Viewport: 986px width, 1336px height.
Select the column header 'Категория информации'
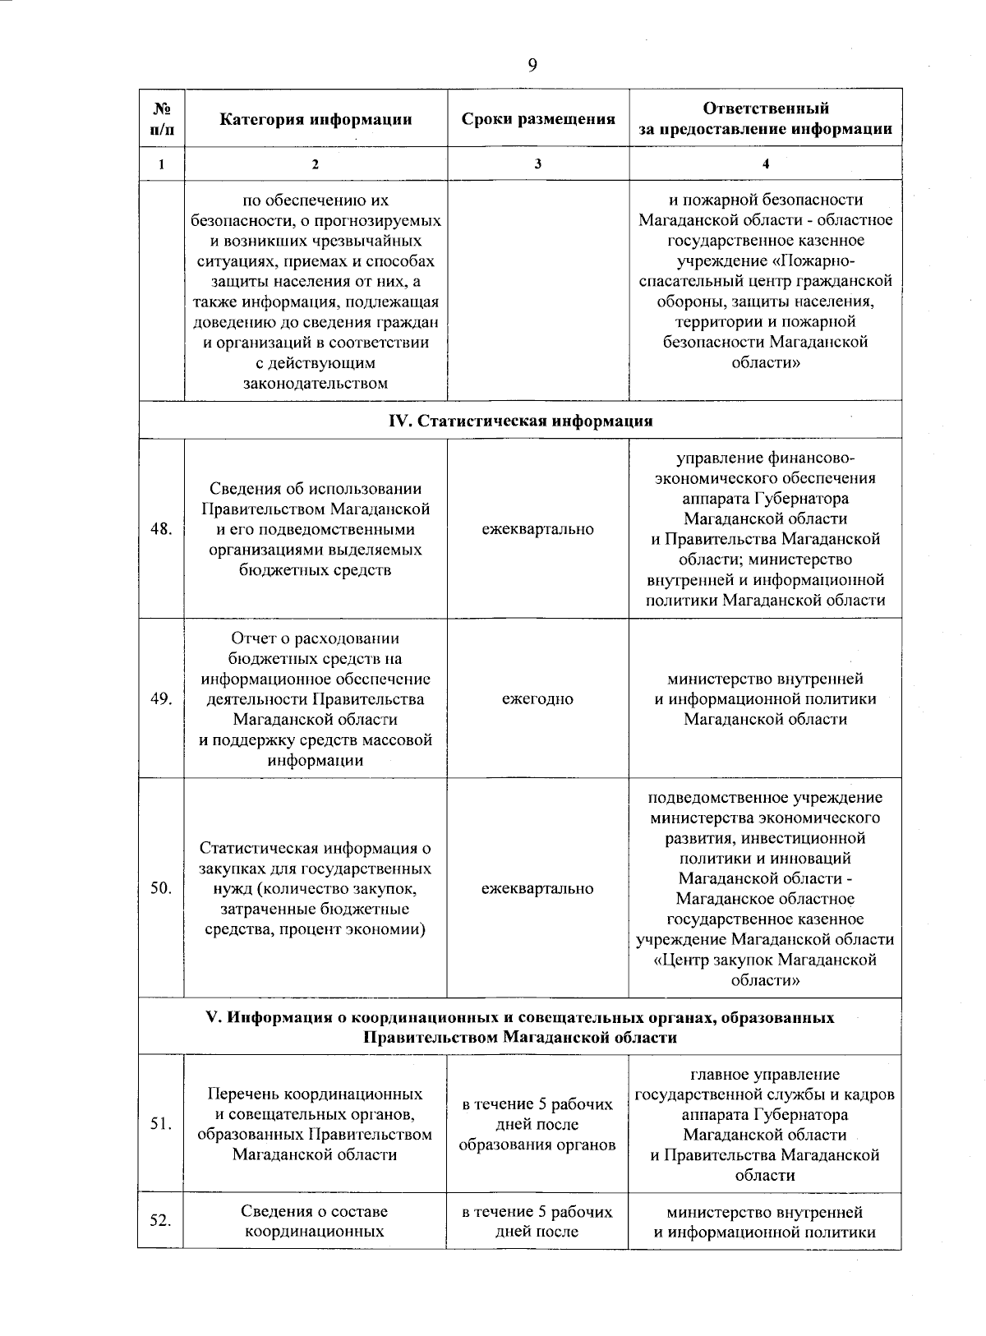(x=316, y=119)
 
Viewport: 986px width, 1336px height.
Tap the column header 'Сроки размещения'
(x=538, y=119)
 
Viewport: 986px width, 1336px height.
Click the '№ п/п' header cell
(x=161, y=119)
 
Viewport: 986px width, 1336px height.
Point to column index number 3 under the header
(x=537, y=164)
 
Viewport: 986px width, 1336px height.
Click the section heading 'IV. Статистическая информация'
(x=520, y=421)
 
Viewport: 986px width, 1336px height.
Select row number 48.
(x=161, y=529)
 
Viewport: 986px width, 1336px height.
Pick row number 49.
(x=161, y=699)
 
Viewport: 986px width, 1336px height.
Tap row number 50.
(x=161, y=888)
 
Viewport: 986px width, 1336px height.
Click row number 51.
(x=161, y=1124)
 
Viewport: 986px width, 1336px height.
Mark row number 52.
(x=161, y=1221)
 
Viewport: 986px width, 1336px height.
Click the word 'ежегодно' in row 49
(x=537, y=699)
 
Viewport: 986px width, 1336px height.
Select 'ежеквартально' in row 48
(x=537, y=529)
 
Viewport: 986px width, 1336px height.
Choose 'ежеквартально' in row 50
(x=537, y=888)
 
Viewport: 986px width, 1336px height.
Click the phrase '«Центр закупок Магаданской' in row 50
(x=765, y=960)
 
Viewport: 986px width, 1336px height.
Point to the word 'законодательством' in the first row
(x=316, y=383)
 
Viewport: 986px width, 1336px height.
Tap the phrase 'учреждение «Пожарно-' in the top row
(x=765, y=261)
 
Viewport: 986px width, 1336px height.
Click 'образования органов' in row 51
(x=537, y=1145)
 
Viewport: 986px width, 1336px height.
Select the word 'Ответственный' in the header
(x=766, y=108)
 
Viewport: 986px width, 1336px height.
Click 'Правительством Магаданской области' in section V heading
(x=520, y=1037)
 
